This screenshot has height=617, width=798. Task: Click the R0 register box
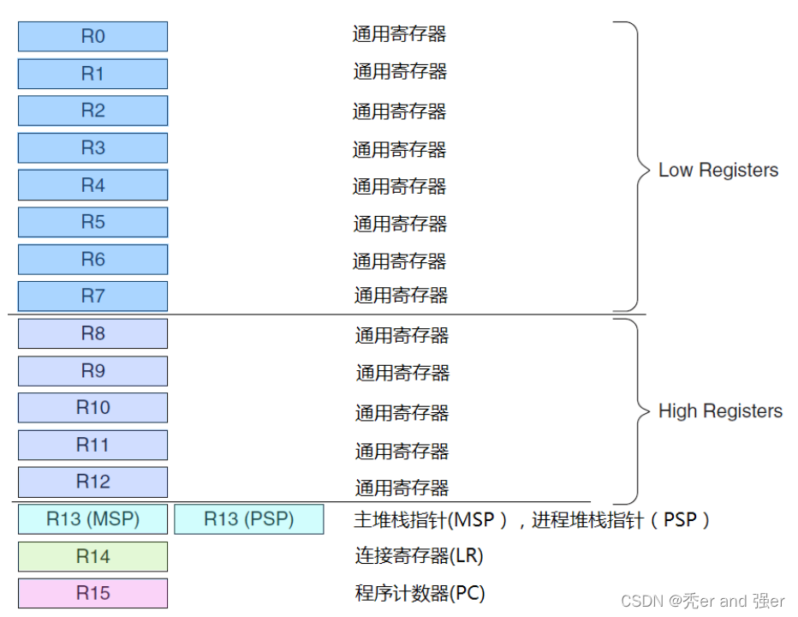tap(92, 37)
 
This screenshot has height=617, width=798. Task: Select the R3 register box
tap(92, 148)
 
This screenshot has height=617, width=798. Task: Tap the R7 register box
tap(92, 297)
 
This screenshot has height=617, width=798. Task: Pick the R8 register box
tap(92, 334)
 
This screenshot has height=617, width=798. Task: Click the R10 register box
tap(92, 408)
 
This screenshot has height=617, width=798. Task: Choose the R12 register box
tap(92, 482)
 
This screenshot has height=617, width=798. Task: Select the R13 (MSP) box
tap(92, 519)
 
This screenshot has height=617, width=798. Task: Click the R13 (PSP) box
tap(248, 519)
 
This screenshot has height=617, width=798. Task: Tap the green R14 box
tap(92, 557)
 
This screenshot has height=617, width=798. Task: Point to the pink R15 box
tap(92, 593)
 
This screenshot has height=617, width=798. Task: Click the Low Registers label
tap(718, 170)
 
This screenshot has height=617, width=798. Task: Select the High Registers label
tap(719, 411)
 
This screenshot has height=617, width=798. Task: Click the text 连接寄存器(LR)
tap(419, 556)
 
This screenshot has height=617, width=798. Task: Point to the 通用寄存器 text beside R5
tap(400, 224)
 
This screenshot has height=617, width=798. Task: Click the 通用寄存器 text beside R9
tap(402, 373)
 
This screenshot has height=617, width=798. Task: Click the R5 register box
tap(92, 223)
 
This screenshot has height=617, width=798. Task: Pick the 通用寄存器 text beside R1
tap(400, 72)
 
